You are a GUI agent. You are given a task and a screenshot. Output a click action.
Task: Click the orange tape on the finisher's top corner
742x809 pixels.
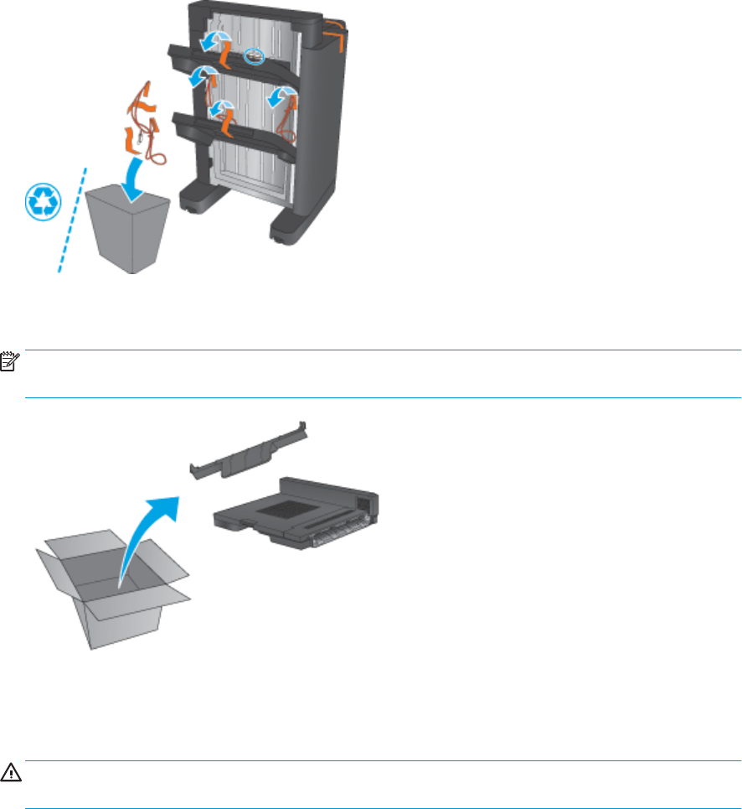coord(334,24)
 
